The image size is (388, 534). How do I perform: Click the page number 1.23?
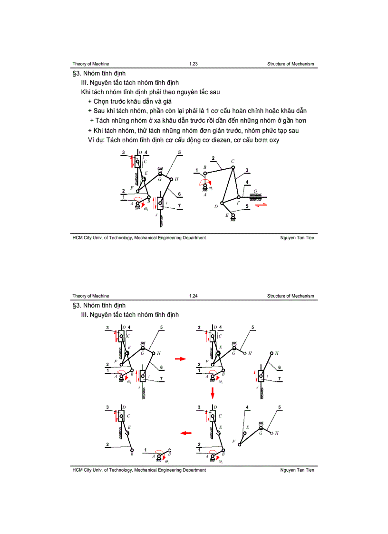[193, 64]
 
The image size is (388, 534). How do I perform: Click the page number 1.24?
[193, 296]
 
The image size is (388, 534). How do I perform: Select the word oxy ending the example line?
[286, 140]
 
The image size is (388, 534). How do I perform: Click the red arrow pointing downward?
[213, 392]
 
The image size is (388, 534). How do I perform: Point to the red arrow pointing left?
[185, 433]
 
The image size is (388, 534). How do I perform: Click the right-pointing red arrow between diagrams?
[180, 359]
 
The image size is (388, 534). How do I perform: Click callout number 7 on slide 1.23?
[179, 206]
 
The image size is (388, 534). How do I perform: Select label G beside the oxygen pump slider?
[256, 191]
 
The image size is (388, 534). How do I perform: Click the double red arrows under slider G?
[261, 205]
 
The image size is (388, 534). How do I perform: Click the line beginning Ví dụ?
[181, 140]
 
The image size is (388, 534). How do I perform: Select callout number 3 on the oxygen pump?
[247, 170]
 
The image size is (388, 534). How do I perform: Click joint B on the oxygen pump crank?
[205, 174]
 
